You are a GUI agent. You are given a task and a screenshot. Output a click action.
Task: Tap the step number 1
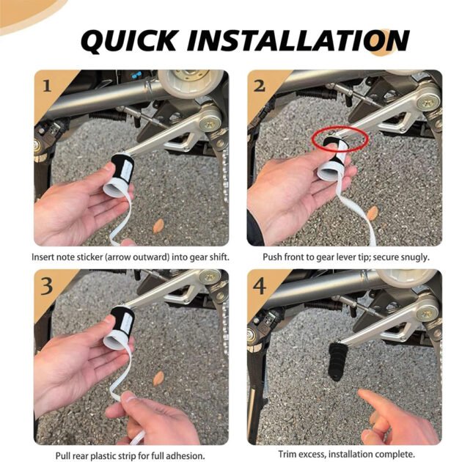pos(46,86)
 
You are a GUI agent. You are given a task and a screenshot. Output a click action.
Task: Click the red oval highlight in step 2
pos(338,138)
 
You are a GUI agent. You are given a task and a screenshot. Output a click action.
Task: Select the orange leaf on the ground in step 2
pos(373,213)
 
